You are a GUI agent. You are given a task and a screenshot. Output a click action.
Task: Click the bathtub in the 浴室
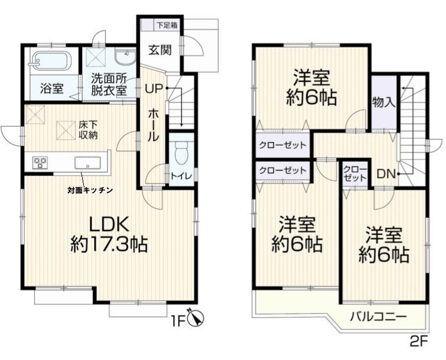[x=50, y=61]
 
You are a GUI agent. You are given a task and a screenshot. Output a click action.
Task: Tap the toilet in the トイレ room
[x=181, y=152]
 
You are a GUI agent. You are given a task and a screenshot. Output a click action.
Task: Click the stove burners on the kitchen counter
[x=40, y=162]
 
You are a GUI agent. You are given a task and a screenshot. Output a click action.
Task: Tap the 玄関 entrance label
[x=159, y=49]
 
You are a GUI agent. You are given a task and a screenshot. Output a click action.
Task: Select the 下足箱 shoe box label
[x=167, y=25]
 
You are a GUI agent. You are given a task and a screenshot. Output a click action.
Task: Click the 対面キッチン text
[x=89, y=190]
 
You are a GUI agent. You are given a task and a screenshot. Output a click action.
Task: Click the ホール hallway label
[x=152, y=125]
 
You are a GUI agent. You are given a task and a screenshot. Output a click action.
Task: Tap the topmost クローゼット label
[x=282, y=145]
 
